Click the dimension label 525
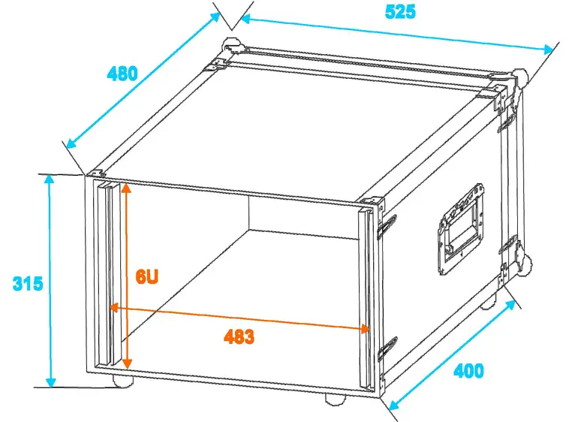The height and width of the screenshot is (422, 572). click(400, 12)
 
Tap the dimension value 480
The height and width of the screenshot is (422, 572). click(122, 74)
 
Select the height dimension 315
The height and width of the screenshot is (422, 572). click(27, 284)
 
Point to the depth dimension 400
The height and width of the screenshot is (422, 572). click(469, 370)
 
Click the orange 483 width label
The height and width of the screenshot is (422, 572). click(239, 337)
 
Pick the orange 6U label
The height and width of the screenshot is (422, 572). click(147, 276)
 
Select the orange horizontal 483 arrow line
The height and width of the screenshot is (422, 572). click(300, 321)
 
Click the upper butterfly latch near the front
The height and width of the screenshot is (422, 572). click(387, 225)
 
